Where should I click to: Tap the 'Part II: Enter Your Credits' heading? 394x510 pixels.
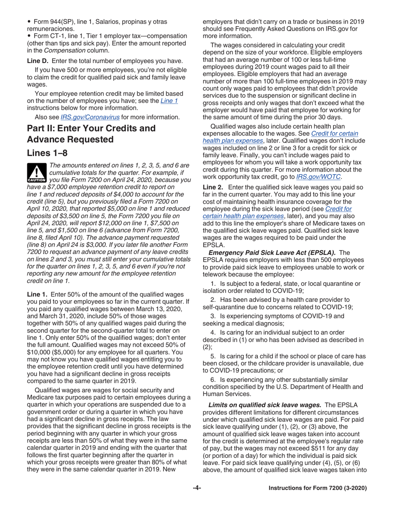pos(91,128)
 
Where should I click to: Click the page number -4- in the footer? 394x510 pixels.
pos(197,488)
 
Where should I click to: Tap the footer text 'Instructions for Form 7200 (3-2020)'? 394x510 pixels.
pos(318,488)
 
